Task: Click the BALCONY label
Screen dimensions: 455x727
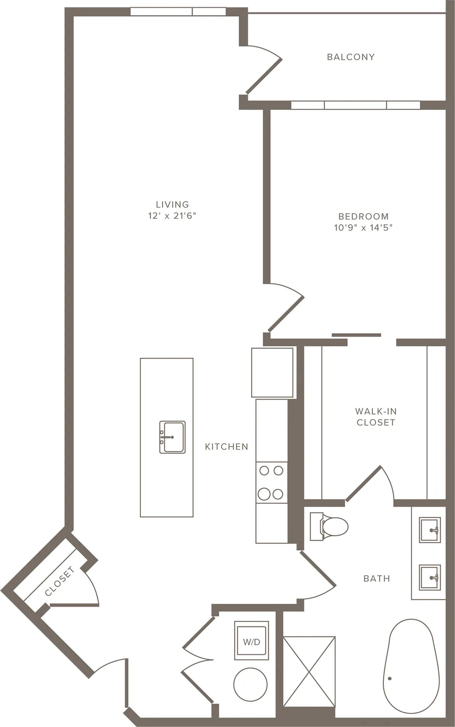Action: tap(351, 57)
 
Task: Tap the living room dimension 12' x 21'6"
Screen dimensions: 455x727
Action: tap(172, 216)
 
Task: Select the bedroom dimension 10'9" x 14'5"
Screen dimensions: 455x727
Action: tap(363, 228)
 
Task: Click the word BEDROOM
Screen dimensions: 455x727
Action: tap(363, 217)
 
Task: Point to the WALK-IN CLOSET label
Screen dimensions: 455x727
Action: tap(376, 417)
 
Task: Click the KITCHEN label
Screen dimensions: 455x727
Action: tap(226, 447)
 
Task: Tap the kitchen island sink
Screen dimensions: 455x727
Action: tap(172, 437)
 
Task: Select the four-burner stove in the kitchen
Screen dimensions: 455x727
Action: tap(272, 482)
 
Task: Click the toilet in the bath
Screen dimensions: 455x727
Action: tap(329, 526)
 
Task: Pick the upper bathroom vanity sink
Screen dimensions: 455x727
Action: tap(430, 530)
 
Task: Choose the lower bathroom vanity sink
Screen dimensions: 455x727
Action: tap(430, 577)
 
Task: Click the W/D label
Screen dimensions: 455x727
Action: tap(252, 642)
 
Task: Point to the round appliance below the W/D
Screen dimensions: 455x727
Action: tap(250, 684)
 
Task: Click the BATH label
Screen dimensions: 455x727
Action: tap(377, 578)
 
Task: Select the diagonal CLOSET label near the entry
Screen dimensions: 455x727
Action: tap(60, 582)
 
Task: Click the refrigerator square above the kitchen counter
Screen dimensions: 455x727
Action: tap(272, 373)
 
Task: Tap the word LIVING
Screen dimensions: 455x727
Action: tap(172, 205)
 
